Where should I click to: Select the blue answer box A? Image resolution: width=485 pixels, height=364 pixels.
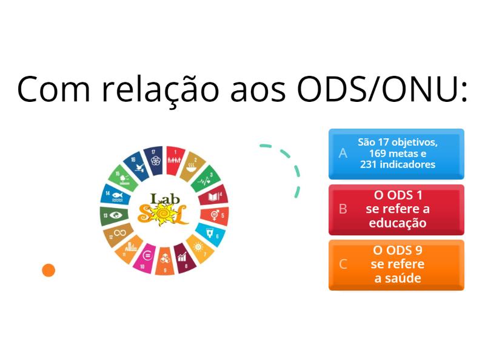[x=396, y=153]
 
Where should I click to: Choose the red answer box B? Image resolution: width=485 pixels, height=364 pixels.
[x=396, y=209]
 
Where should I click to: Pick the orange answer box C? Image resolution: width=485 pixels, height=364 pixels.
[x=396, y=265]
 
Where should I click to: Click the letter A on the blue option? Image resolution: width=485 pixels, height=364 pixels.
[x=343, y=153]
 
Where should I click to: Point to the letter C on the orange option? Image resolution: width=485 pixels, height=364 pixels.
[x=343, y=265]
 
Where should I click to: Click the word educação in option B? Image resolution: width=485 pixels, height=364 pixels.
[x=398, y=223]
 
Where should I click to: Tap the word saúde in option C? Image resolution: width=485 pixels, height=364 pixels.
[x=398, y=278]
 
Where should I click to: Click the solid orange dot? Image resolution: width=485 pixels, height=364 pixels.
[x=48, y=270]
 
